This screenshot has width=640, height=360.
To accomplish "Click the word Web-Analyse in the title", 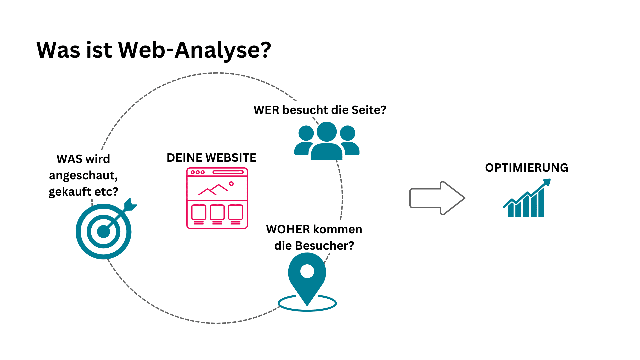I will [x=195, y=50].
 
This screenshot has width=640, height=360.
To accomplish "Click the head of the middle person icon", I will [x=327, y=131].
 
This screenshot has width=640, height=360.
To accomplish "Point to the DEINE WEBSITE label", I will [x=211, y=158].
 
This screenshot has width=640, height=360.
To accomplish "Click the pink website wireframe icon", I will [x=217, y=198].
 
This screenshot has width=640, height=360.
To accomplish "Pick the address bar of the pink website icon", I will [x=228, y=172].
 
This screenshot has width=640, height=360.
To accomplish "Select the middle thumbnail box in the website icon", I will [x=217, y=212].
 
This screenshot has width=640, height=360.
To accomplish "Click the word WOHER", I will [x=288, y=229].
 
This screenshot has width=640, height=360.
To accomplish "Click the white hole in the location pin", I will [x=307, y=271].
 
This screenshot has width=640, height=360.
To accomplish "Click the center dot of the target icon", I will [x=103, y=232].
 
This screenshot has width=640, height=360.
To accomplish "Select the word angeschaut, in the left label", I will [x=83, y=175].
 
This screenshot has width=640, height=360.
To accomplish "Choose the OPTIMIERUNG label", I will [x=526, y=168].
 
